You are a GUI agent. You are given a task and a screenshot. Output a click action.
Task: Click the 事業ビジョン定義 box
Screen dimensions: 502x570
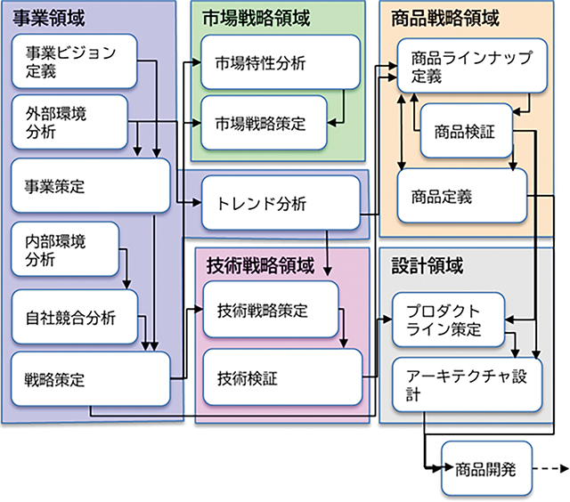pyautogui.click(x=75, y=61)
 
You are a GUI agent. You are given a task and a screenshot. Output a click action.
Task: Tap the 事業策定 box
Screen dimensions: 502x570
pyautogui.click(x=89, y=186)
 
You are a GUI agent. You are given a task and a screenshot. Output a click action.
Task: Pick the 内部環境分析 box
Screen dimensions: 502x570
pyautogui.click(x=65, y=251)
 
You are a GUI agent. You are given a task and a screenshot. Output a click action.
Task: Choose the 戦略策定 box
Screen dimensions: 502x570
pyautogui.click(x=89, y=379)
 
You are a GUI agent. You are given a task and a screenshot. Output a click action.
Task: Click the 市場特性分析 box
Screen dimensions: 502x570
pyautogui.click(x=280, y=62)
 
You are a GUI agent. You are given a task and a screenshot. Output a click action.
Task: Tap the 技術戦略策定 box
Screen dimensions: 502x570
pyautogui.click(x=271, y=311)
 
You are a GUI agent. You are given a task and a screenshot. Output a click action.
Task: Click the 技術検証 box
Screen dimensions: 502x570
pyautogui.click(x=281, y=378)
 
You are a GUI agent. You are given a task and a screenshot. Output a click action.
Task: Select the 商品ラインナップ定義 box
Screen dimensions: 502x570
pyautogui.click(x=470, y=68)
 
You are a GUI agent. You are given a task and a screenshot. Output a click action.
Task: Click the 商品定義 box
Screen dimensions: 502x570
pyautogui.click(x=461, y=194)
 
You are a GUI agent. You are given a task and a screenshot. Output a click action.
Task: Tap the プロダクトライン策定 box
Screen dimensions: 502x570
pyautogui.click(x=451, y=321)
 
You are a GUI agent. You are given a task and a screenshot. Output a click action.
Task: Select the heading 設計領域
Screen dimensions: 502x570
pyautogui.click(x=427, y=266)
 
